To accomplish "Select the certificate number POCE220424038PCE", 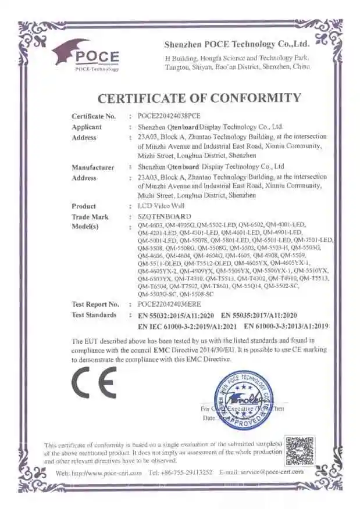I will point(169,116).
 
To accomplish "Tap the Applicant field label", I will point(87,127).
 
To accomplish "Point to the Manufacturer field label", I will point(92,167).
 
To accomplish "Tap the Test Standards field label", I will point(94,315).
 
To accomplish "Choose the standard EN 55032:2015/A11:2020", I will point(176,315).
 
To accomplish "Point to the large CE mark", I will point(94,382).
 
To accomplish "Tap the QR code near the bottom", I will point(300,451).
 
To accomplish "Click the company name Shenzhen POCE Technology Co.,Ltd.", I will point(237,44).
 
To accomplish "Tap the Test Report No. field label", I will point(95,304).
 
